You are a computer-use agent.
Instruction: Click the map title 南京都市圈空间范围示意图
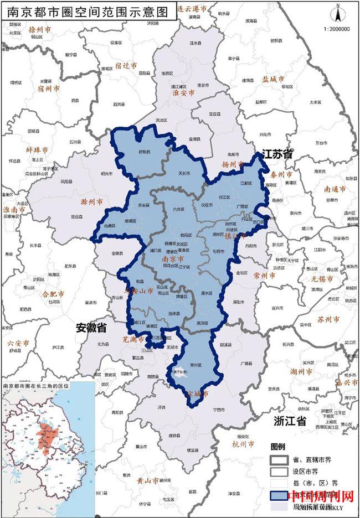pos(89,12)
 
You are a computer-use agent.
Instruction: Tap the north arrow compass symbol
pos(337,12)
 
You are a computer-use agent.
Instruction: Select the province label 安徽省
pos(91,328)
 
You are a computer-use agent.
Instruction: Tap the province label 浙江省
pos(290,421)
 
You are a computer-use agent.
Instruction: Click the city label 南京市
pos(172,258)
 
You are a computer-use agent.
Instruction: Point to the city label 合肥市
pos(54,294)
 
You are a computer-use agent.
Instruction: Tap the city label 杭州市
pos(244,444)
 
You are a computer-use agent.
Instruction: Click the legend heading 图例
pos(277,447)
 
